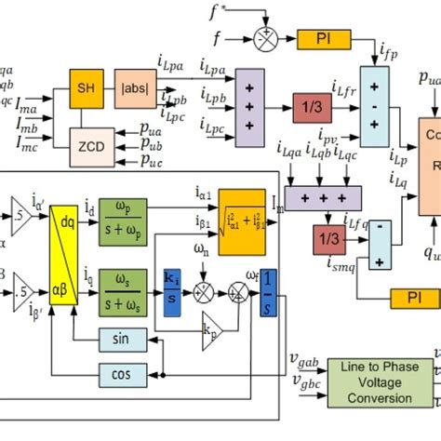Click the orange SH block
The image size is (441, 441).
[x=85, y=89]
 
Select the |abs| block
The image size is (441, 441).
[x=131, y=89]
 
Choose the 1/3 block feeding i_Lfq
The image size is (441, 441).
[x=327, y=238]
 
